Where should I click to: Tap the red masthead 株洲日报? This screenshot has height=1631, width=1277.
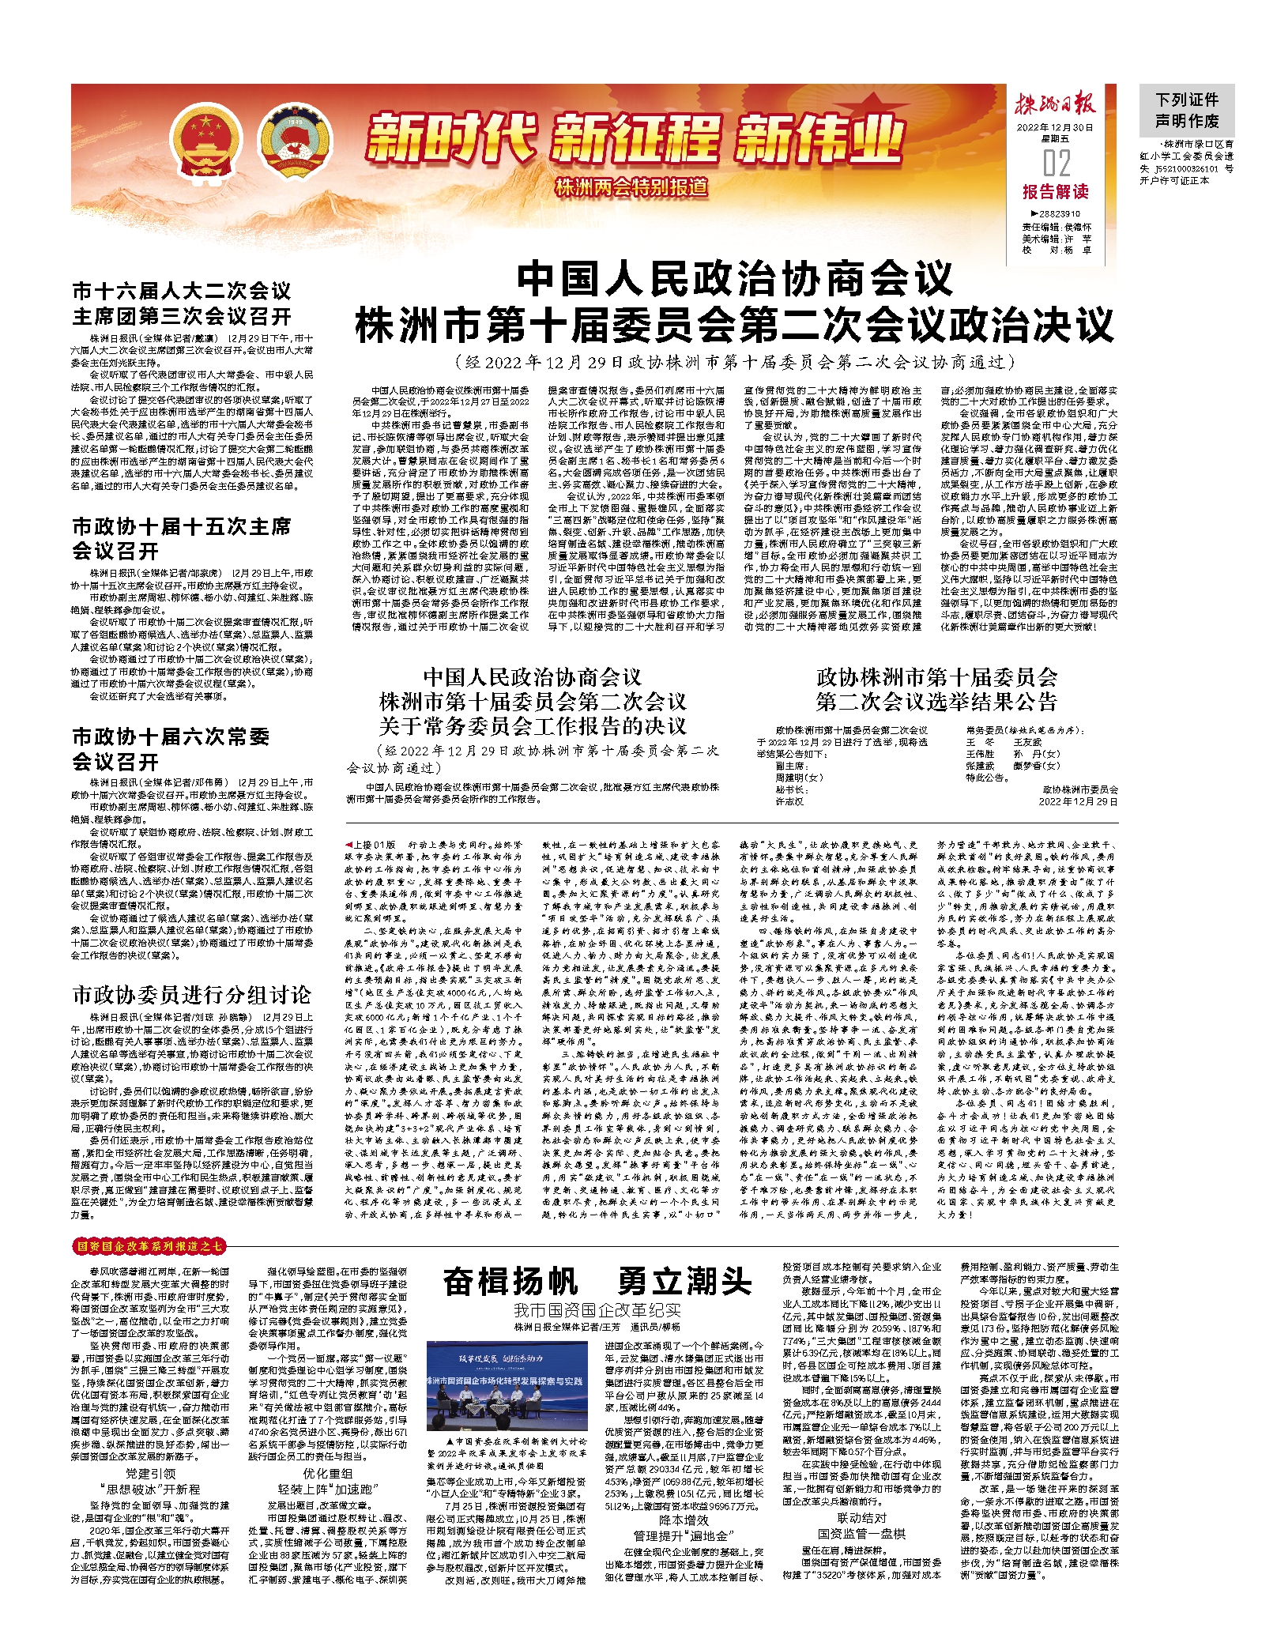(1055, 105)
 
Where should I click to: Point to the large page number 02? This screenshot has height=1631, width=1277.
(1056, 164)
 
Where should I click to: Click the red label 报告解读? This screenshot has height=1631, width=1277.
(1055, 192)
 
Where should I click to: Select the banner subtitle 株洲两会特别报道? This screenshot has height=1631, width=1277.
(631, 188)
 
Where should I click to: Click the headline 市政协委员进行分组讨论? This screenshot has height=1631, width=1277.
(192, 995)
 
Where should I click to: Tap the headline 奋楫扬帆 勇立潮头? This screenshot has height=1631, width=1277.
(597, 1282)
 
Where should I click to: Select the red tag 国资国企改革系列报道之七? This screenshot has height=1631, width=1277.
(149, 1246)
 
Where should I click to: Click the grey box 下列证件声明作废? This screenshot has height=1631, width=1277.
(1187, 111)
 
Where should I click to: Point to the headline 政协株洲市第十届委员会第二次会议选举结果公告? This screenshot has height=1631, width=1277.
(936, 688)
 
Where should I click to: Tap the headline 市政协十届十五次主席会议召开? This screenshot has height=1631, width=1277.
(182, 538)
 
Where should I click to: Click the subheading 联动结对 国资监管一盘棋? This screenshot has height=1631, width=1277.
(861, 1526)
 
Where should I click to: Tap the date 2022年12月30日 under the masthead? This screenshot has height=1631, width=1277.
(1055, 127)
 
